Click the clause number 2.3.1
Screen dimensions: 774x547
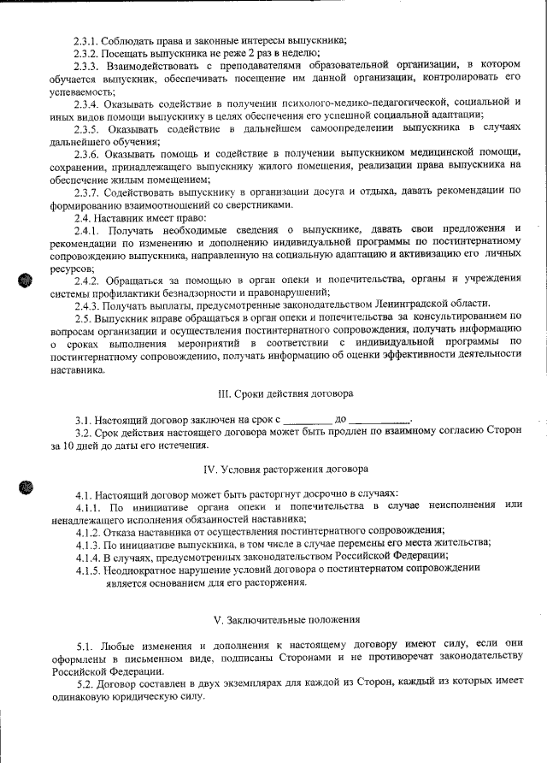[86, 40]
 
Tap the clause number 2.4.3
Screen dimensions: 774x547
[86, 304]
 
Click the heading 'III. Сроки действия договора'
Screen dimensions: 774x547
[285, 393]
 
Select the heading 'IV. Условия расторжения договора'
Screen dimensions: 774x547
[285, 470]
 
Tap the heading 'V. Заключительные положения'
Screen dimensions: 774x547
[285, 618]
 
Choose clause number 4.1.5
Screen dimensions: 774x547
[88, 569]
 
